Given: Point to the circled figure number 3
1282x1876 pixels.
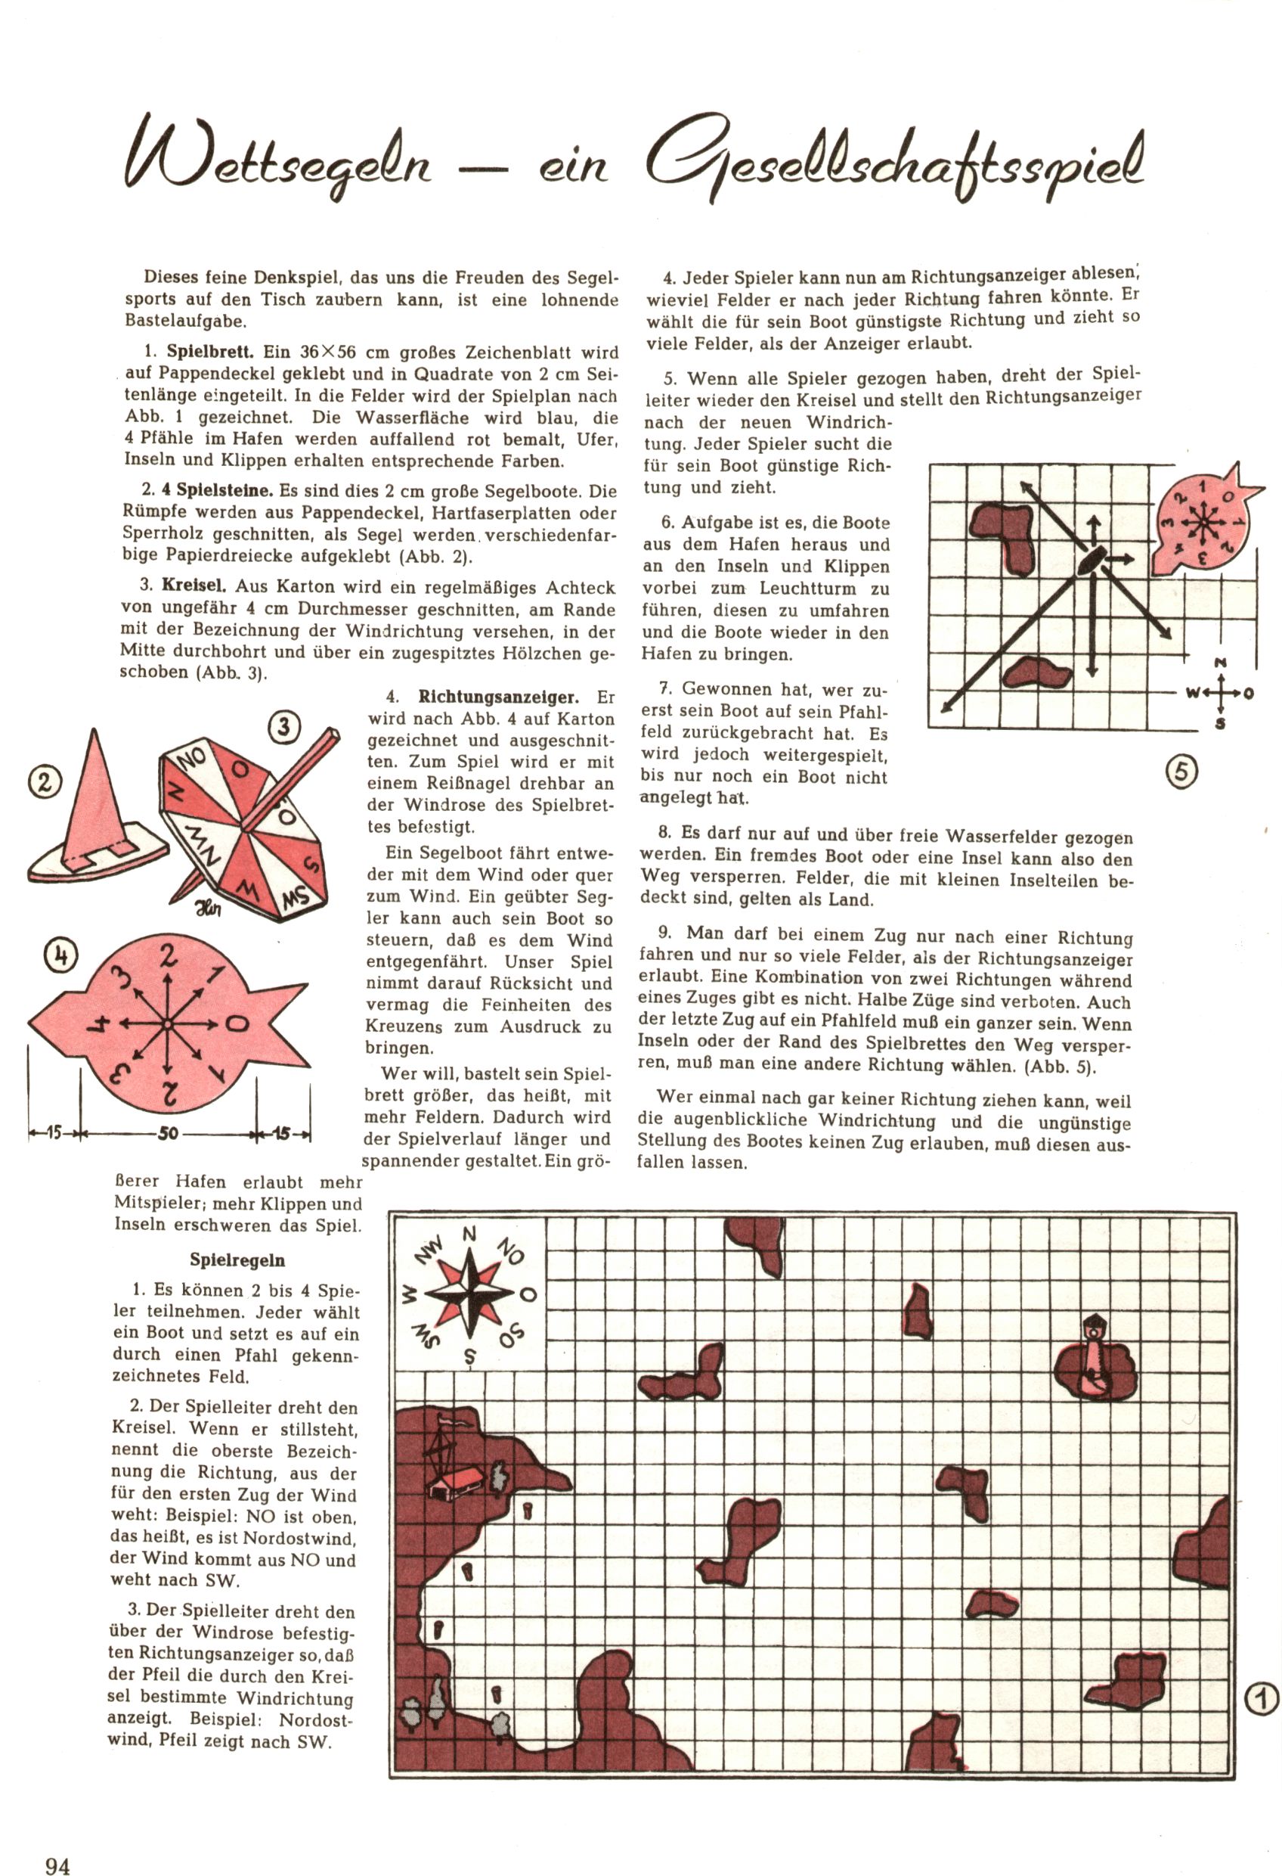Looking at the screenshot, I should pos(284,727).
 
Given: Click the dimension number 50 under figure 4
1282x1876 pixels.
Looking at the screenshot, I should pos(167,1133).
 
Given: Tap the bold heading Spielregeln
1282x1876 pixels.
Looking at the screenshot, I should pos(237,1260).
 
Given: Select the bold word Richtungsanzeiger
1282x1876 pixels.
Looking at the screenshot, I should pos(498,697).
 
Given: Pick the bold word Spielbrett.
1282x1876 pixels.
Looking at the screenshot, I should pos(211,352).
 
